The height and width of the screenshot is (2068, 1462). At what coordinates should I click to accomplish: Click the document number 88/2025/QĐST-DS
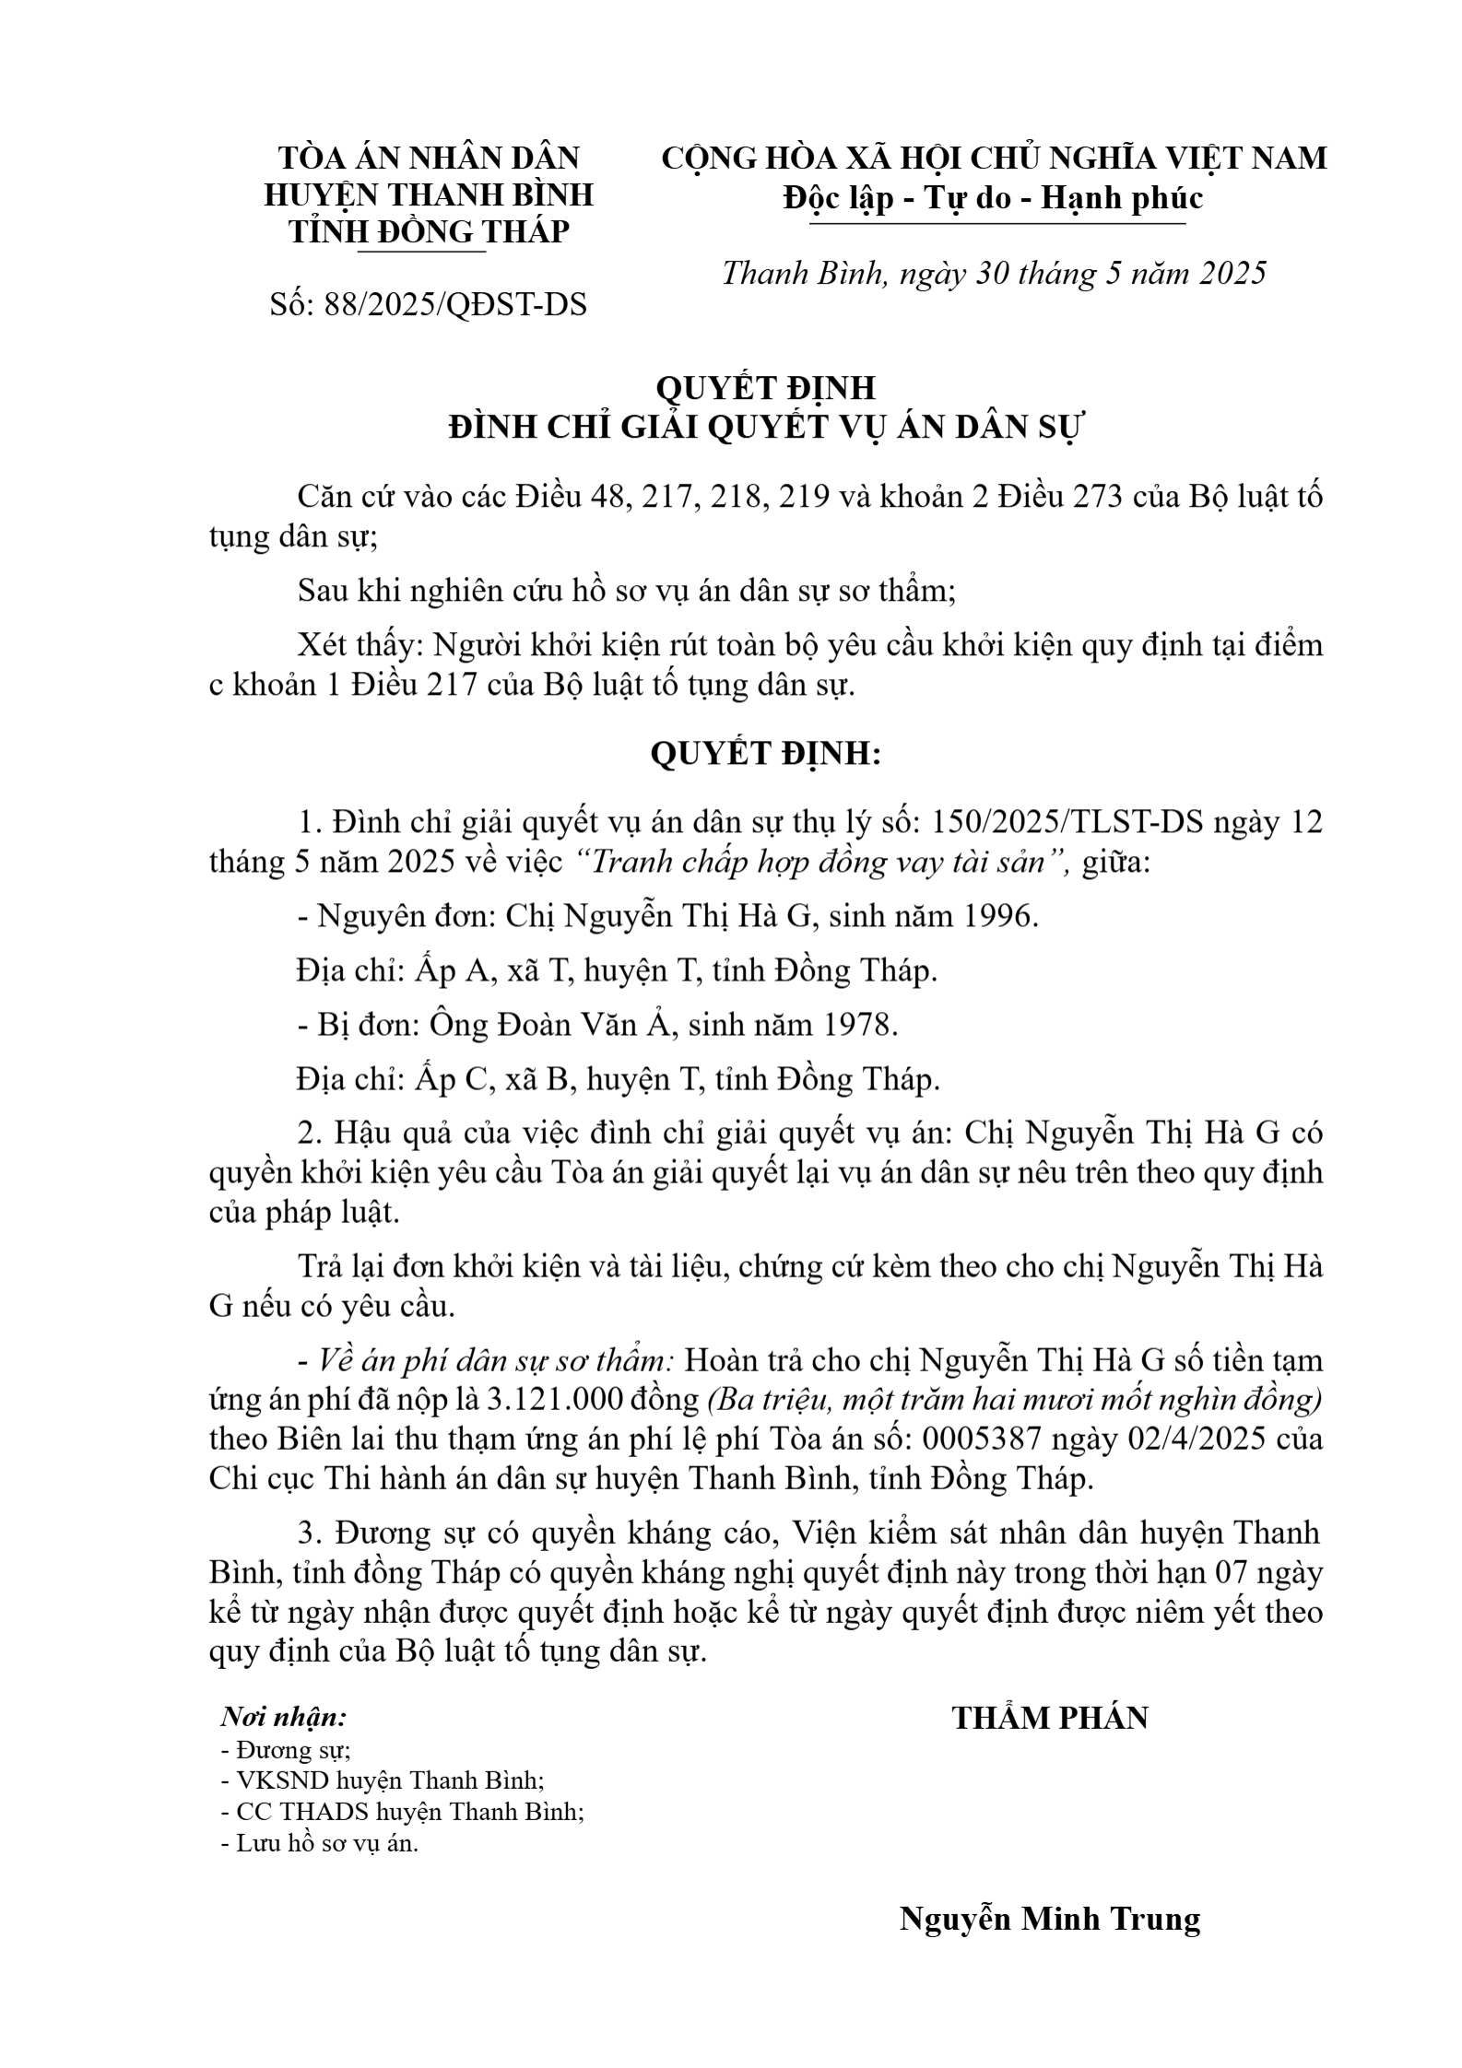click(455, 305)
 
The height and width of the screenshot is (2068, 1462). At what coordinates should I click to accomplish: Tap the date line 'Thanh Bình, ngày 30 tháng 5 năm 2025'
click(994, 274)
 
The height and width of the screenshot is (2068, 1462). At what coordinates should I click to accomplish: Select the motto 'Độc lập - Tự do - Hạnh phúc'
click(993, 198)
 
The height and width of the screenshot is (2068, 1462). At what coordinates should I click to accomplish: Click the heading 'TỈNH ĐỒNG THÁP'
click(429, 231)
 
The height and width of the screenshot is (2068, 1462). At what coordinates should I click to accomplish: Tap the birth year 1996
click(999, 917)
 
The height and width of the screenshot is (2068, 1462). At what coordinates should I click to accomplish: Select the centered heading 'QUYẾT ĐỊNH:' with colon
click(766, 753)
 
